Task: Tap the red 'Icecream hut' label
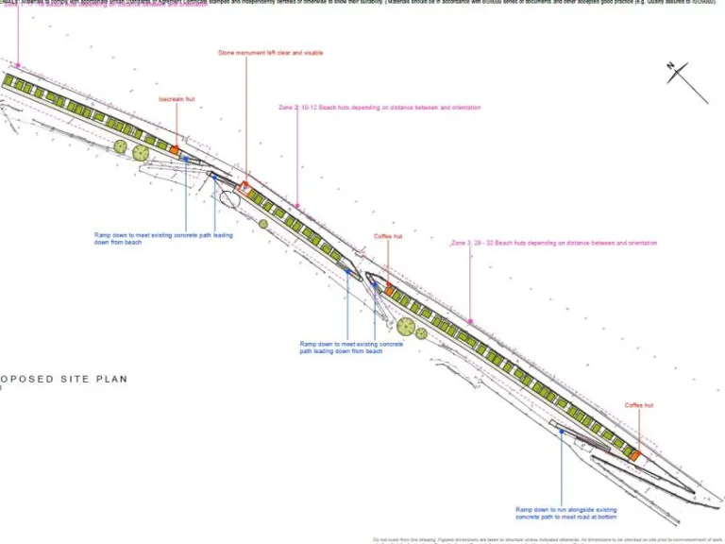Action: [177, 98]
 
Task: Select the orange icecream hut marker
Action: [175, 149]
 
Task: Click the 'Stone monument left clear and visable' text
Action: [257, 53]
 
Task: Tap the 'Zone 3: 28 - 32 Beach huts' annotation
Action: [554, 243]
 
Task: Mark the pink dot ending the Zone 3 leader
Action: [470, 322]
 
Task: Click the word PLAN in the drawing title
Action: [110, 379]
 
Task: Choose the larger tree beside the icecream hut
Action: [141, 153]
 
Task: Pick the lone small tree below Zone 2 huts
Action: [263, 224]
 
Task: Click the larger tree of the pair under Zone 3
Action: [406, 328]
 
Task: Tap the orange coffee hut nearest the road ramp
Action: [635, 455]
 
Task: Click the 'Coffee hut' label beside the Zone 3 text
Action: [387, 236]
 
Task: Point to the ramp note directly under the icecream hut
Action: [162, 238]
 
